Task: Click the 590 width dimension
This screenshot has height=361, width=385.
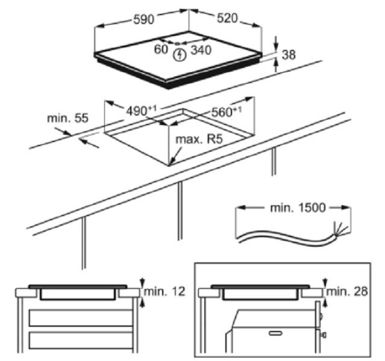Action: pos(143,19)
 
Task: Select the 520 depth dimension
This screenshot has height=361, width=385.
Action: pos(227,18)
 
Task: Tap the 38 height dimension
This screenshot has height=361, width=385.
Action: pos(289,55)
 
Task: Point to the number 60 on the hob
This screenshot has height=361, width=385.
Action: pos(161,49)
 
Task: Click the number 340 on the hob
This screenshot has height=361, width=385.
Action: pos(201,50)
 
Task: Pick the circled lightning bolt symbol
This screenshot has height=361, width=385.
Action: pos(179,55)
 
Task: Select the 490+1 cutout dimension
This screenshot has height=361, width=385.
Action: pos(141,111)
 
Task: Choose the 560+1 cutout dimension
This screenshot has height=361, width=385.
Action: pos(227,112)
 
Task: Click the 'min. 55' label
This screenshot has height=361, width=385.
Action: pos(67,118)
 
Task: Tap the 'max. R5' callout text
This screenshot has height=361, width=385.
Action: pos(199,139)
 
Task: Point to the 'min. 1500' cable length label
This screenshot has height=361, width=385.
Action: pos(298,208)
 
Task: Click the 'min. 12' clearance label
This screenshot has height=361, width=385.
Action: pos(164,291)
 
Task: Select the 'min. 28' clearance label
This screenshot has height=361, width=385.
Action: pos(347,291)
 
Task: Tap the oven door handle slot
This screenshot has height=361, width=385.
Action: pos(276,333)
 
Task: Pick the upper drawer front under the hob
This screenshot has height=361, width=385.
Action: pos(81,318)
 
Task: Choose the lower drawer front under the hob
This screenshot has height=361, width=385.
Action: pos(81,340)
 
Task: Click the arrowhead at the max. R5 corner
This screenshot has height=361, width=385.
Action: pos(171,162)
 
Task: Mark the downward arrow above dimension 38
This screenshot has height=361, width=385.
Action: pos(276,43)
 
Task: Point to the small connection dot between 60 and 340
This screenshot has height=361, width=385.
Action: pos(177,44)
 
